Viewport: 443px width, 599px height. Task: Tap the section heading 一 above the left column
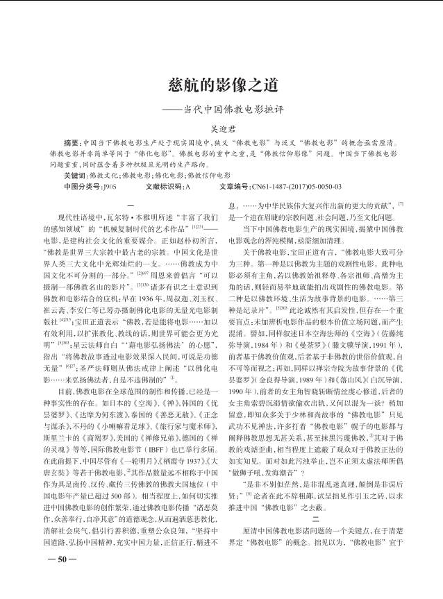click(131, 202)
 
